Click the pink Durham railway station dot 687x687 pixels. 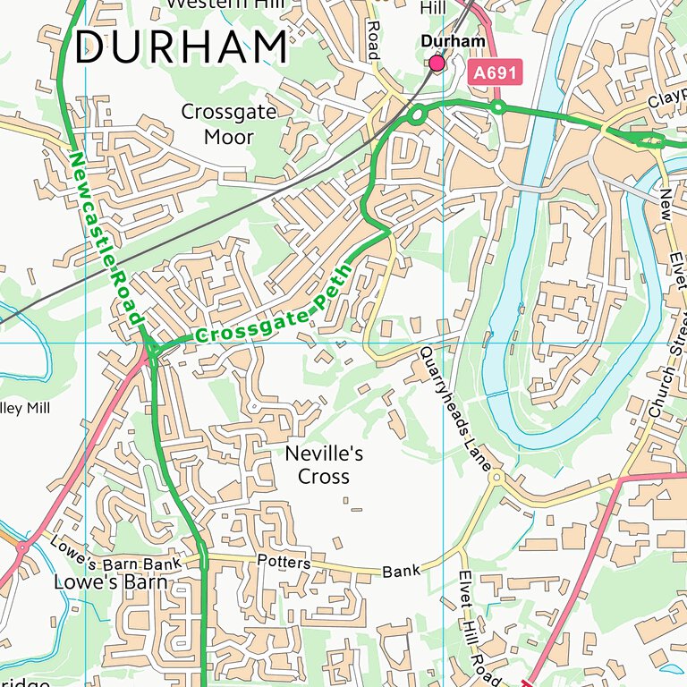pyautogui.click(x=437, y=63)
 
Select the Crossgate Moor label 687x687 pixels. pyautogui.click(x=229, y=124)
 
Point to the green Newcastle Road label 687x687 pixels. pyautogui.click(x=106, y=237)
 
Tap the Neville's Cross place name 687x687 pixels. pyautogui.click(x=324, y=465)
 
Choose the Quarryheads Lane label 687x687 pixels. pyautogui.click(x=455, y=409)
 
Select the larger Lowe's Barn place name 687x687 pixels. pyautogui.click(x=111, y=581)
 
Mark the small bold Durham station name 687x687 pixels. pyautogui.click(x=453, y=41)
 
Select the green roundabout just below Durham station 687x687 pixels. pyautogui.click(x=416, y=114)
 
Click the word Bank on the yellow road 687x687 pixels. pyautogui.click(x=400, y=571)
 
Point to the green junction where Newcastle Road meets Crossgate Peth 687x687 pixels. pyautogui.click(x=152, y=351)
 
